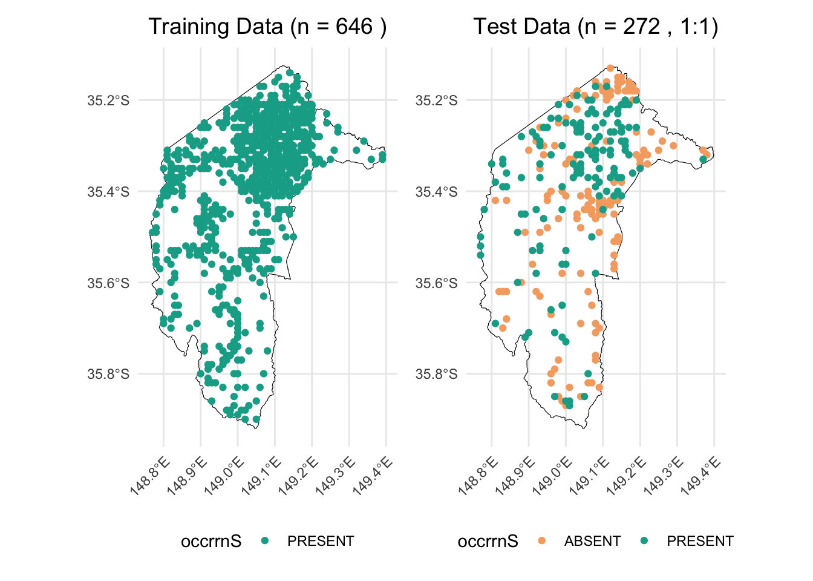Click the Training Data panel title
click(267, 27)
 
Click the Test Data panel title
click(595, 27)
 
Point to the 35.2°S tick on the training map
click(109, 100)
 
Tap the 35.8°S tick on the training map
click(109, 374)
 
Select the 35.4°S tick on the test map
click(437, 192)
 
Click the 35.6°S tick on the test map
click(437, 283)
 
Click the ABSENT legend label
click(592, 541)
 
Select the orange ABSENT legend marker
click(541, 541)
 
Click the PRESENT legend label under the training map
click(321, 541)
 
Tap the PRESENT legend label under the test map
click(700, 541)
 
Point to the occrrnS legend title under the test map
click(488, 541)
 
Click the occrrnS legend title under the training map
click(211, 541)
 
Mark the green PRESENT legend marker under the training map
click(264, 541)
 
